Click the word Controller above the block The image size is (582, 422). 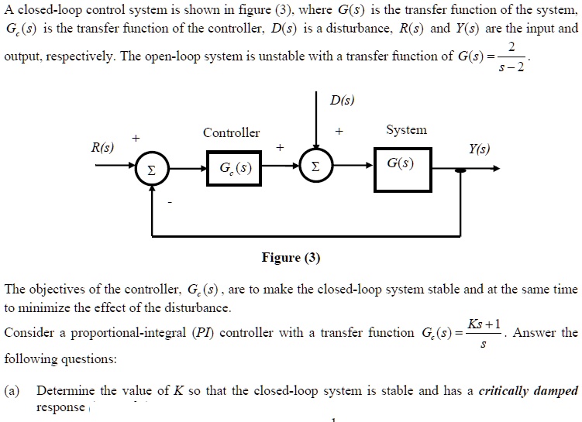tap(231, 132)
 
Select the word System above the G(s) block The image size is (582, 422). tap(407, 129)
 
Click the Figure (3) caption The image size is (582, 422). tap(291, 258)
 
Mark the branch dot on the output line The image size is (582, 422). tap(463, 169)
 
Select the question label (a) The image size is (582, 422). tap(14, 390)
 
